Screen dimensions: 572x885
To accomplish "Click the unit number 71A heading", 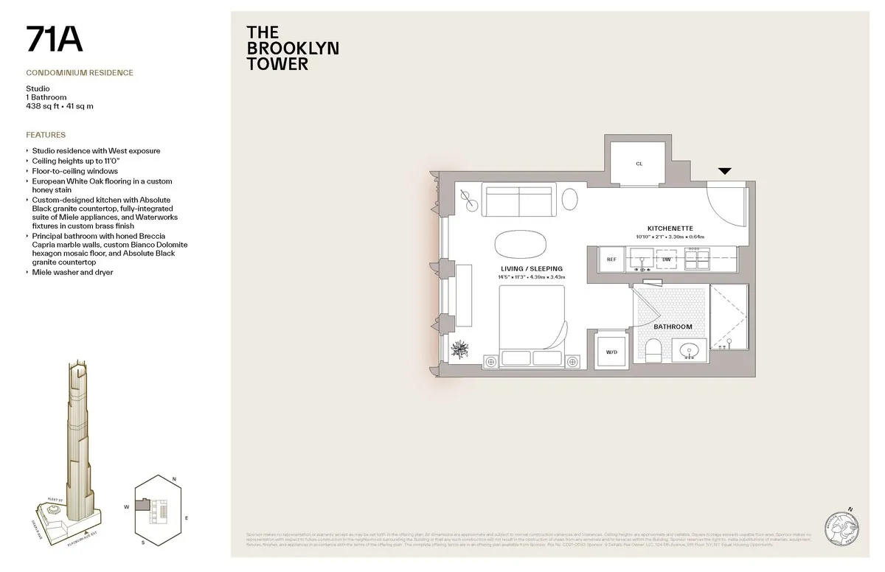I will (x=55, y=39).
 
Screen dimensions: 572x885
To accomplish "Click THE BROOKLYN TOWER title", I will (x=282, y=48).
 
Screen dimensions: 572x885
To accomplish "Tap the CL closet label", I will (x=639, y=164).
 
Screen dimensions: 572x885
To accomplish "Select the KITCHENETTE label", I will (x=670, y=229).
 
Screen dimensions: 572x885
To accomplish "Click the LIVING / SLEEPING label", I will (x=530, y=268).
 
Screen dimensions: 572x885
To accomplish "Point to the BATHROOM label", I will (x=673, y=327).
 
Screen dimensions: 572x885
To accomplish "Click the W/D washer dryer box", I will (x=611, y=352).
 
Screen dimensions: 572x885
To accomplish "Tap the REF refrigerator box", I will (x=611, y=259).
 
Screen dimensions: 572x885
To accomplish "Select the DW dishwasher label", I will (x=666, y=259).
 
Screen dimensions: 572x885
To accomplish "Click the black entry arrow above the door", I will (x=725, y=171).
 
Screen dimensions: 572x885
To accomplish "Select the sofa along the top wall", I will (x=518, y=200).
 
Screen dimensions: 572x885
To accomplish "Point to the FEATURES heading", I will (x=46, y=135).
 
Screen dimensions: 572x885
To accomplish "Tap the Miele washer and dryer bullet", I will (x=72, y=272).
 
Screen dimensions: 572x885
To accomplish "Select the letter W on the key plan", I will (x=126, y=506).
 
